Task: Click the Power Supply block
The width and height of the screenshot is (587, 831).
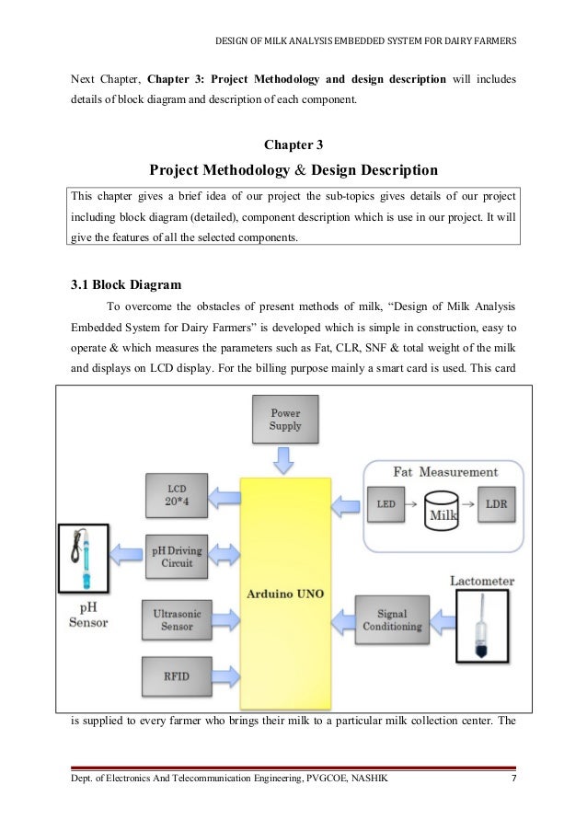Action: click(284, 420)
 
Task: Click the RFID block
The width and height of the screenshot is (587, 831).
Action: click(175, 676)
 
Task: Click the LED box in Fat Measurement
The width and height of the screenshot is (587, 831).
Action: click(387, 505)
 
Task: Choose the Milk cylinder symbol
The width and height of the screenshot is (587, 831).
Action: click(443, 507)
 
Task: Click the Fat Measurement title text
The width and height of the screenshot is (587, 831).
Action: click(445, 472)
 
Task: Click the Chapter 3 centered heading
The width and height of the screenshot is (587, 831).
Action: click(293, 144)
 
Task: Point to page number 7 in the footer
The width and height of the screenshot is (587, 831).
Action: click(512, 782)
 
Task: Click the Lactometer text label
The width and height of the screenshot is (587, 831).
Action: click(482, 582)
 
